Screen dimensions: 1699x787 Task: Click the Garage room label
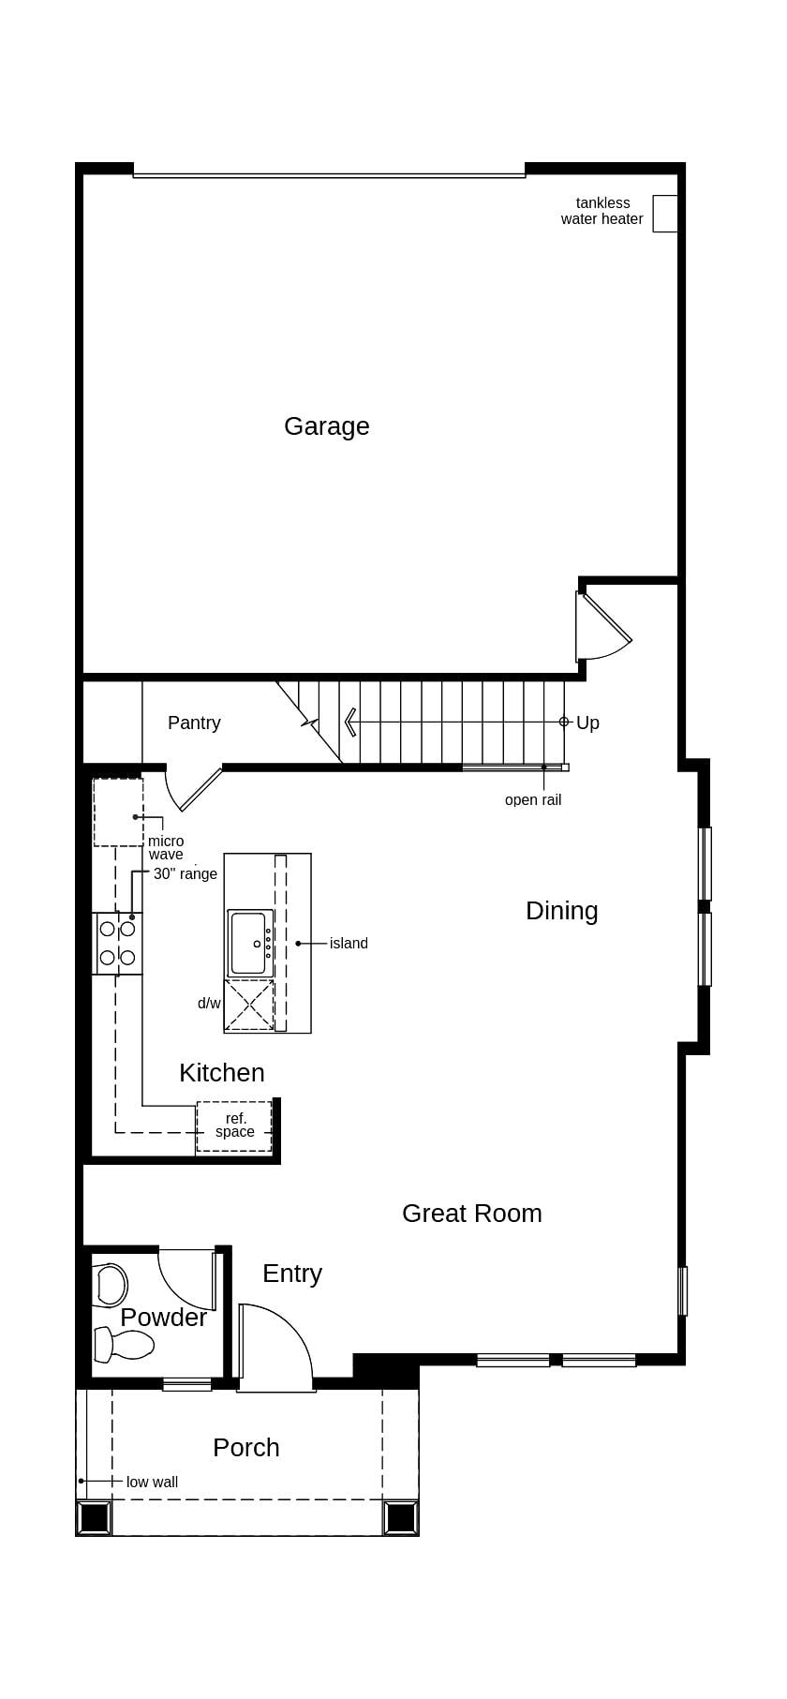(326, 426)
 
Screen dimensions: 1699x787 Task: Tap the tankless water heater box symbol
(664, 214)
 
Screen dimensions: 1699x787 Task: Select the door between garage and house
(601, 627)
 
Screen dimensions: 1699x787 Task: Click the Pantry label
(194, 723)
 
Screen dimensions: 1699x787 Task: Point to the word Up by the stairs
(587, 723)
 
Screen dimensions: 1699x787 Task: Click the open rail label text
(532, 799)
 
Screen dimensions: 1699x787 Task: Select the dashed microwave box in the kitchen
(118, 812)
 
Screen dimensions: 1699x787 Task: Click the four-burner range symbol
(117, 943)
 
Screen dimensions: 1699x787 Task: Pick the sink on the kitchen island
(249, 943)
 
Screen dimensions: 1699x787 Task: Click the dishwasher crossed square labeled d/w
(248, 1006)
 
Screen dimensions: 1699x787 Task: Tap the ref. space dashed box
(234, 1125)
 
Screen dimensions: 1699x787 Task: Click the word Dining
(561, 911)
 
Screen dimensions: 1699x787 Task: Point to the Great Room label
(471, 1214)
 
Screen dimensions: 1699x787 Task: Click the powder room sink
(111, 1286)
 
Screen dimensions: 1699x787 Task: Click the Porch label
(245, 1448)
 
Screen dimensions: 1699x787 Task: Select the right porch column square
(401, 1517)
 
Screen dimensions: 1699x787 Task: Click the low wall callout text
(152, 1482)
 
